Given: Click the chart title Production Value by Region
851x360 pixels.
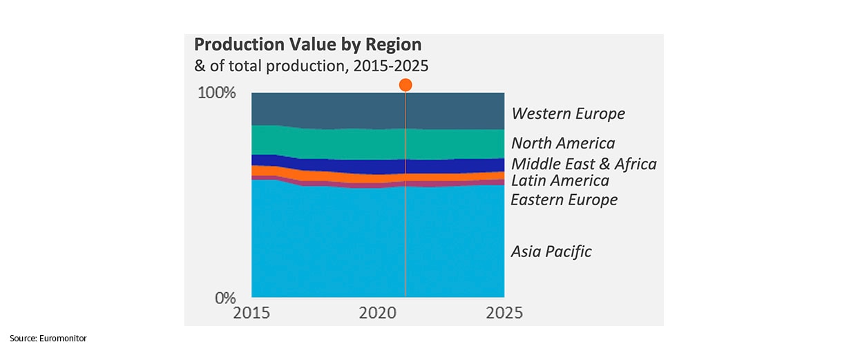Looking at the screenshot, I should (307, 45).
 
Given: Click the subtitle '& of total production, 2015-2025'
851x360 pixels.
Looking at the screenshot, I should (312, 67).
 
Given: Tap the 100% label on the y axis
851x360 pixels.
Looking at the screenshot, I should (217, 93).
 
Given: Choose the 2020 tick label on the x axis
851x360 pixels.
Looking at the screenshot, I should (379, 312).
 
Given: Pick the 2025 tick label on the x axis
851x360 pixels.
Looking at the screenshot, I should (504, 312).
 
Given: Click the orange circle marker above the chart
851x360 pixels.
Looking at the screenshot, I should (405, 85).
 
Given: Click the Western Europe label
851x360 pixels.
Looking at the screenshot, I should (568, 114).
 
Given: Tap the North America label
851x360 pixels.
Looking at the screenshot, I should (563, 144).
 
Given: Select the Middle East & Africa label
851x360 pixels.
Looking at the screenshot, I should (584, 164).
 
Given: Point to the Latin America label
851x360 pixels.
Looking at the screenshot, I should (560, 181).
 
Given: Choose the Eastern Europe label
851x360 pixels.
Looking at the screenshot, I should (564, 200).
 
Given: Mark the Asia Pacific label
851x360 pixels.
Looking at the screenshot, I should (551, 252).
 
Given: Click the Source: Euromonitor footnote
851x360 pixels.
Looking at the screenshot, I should (48, 338).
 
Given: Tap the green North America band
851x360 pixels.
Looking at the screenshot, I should (332, 144).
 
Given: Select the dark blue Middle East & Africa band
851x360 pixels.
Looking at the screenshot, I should (332, 165).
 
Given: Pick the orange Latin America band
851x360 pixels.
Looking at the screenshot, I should (332, 178).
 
